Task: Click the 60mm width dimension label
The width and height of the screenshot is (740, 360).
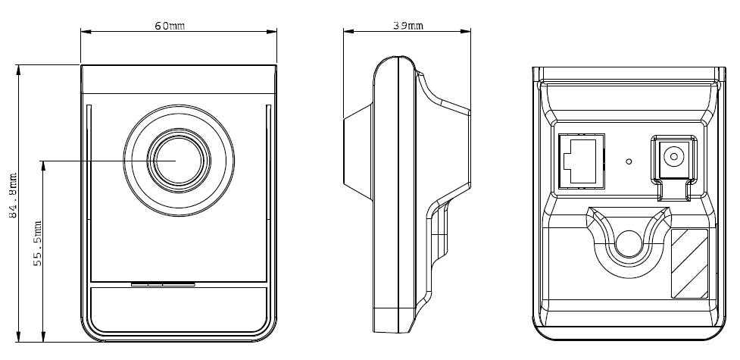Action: click(170, 25)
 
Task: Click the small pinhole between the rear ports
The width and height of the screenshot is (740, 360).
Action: click(629, 161)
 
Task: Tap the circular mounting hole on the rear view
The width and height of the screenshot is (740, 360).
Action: click(628, 243)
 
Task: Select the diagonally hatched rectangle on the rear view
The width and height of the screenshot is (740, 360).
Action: click(689, 262)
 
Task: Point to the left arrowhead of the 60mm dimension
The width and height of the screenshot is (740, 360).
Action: click(84, 32)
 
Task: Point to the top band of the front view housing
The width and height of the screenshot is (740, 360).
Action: click(178, 80)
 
